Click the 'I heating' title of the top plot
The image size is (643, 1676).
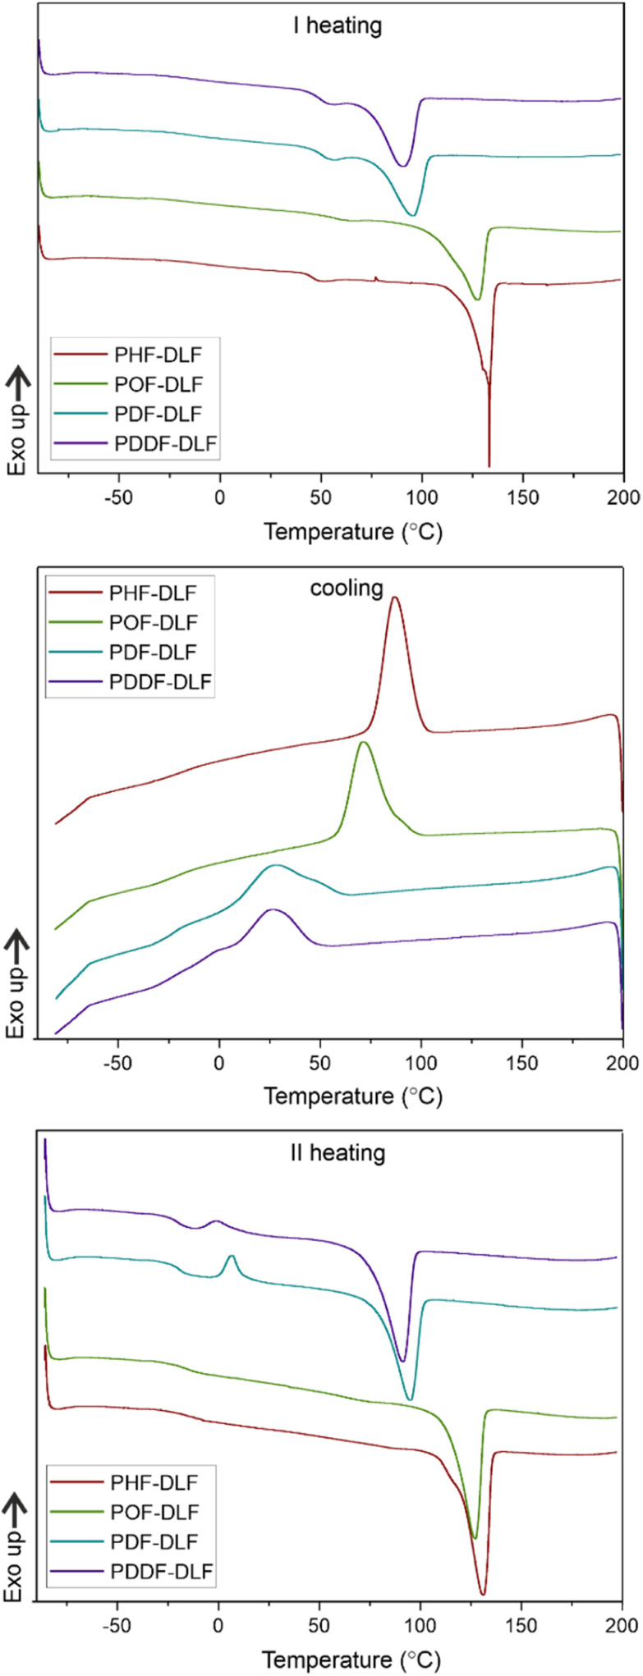pos(338,25)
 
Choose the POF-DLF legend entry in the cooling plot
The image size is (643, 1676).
pos(153,622)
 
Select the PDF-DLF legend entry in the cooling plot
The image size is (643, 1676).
pos(153,652)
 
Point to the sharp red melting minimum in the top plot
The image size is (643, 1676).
pos(489,464)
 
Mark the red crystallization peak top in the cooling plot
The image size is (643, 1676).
pos(395,598)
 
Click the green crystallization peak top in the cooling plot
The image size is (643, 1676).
pos(364,742)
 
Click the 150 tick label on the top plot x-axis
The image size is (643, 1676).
pos(522,498)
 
